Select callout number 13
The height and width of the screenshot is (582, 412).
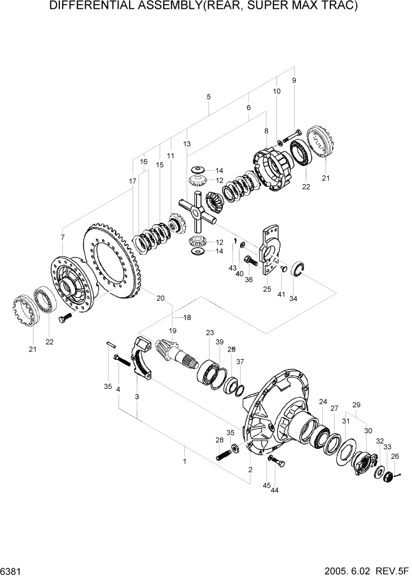[x=187, y=144]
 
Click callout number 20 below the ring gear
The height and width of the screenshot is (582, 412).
[x=160, y=297]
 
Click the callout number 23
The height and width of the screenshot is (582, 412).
[x=210, y=333]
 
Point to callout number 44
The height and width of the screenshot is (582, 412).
[x=275, y=489]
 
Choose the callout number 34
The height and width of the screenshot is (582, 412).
[x=293, y=298]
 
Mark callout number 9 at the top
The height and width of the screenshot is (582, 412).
[x=293, y=80]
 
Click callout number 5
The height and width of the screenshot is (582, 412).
[x=208, y=96]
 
